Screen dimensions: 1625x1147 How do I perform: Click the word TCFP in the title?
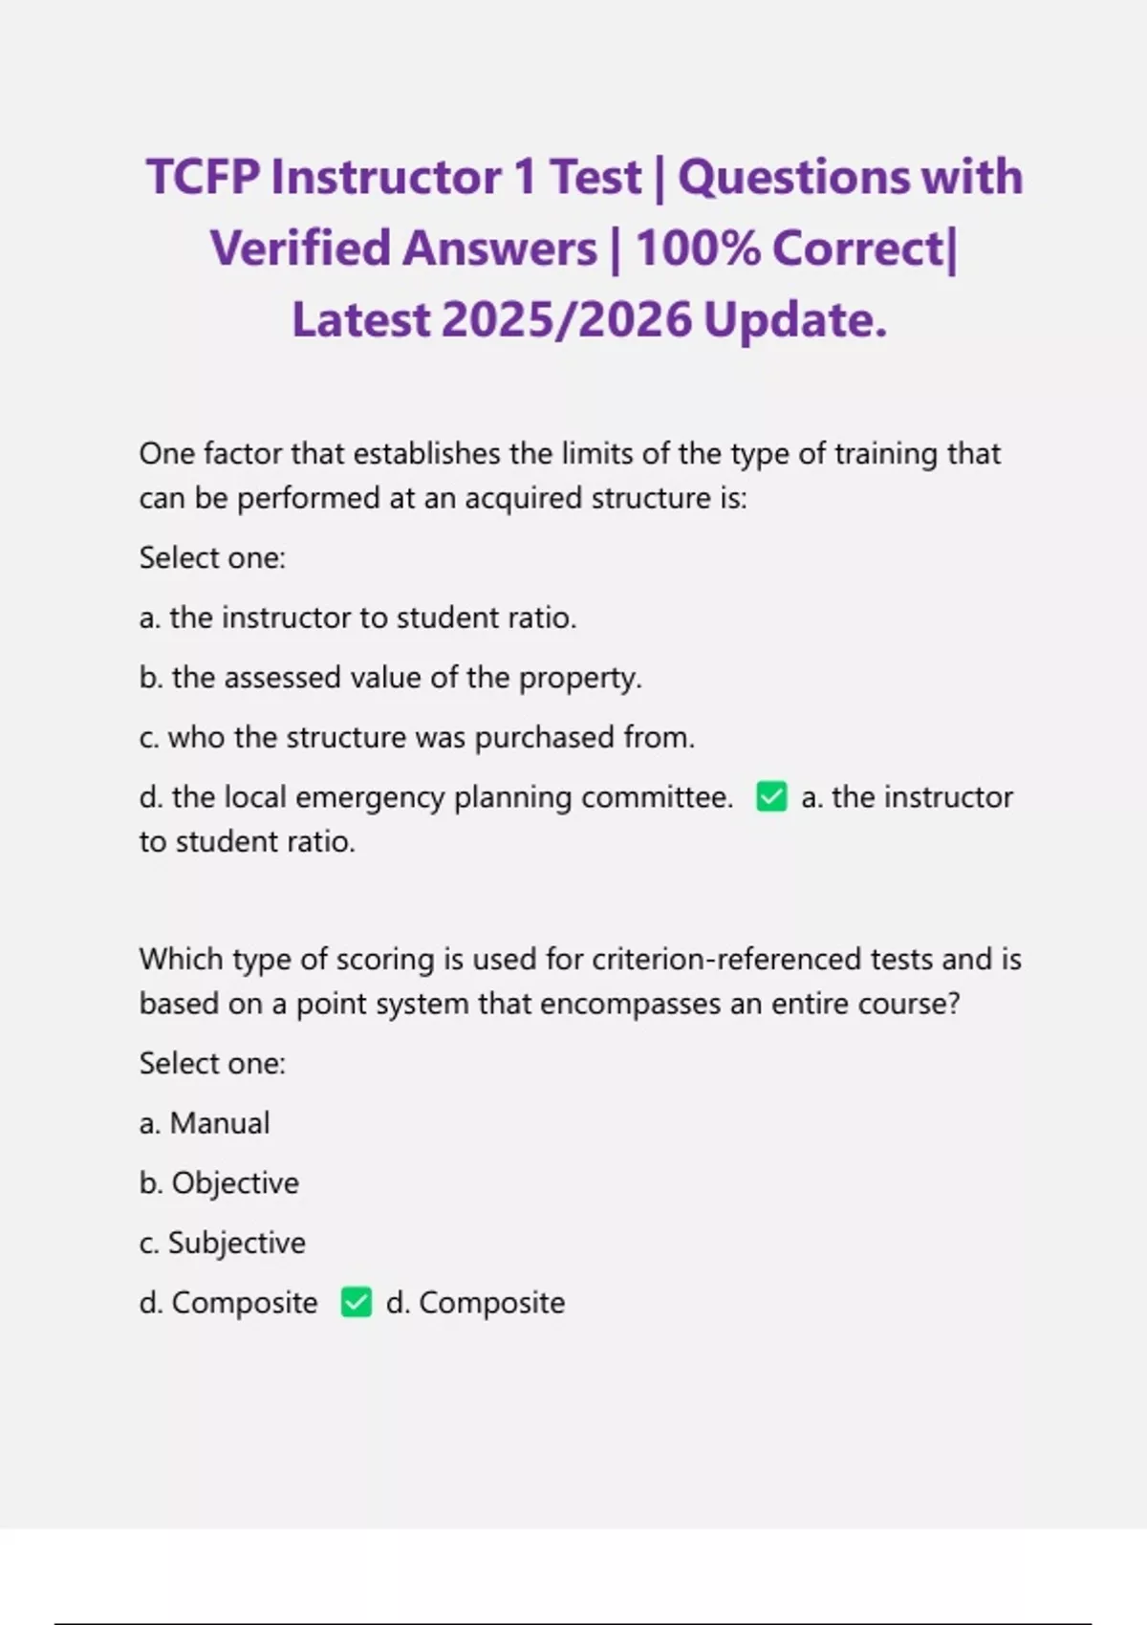[x=203, y=178]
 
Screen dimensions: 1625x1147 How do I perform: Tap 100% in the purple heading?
[x=698, y=249]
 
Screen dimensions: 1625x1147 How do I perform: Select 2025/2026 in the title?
[x=567, y=320]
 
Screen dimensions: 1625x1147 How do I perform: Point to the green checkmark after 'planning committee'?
[x=771, y=796]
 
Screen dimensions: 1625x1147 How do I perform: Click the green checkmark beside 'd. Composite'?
[x=357, y=1302]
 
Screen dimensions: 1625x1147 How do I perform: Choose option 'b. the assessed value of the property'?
[x=390, y=678]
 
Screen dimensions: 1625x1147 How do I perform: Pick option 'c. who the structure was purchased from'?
[x=417, y=737]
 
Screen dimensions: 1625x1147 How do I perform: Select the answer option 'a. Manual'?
[x=205, y=1123]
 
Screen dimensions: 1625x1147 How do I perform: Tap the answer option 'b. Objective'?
[x=219, y=1183]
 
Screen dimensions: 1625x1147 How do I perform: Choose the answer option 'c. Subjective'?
[x=223, y=1243]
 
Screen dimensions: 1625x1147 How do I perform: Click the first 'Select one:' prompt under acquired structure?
[x=212, y=557]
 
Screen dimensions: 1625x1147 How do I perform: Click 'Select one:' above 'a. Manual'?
[x=212, y=1063]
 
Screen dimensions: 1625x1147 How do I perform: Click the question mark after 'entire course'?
[x=951, y=1004]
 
